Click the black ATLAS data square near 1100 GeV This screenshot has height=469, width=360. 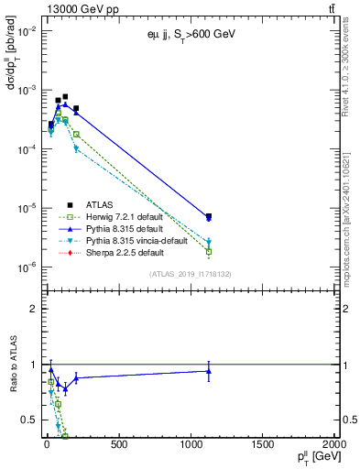(x=209, y=217)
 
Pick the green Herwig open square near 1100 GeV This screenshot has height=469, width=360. (x=209, y=251)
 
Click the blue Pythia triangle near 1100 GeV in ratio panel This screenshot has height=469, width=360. (x=209, y=370)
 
